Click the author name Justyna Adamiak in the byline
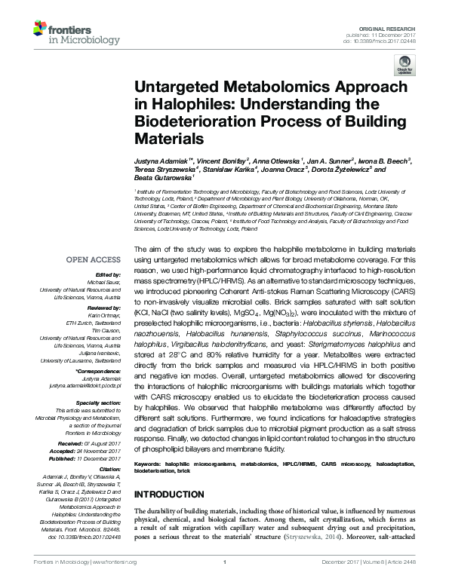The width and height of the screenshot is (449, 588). coord(161,162)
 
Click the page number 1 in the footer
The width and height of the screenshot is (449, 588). coord(225,562)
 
